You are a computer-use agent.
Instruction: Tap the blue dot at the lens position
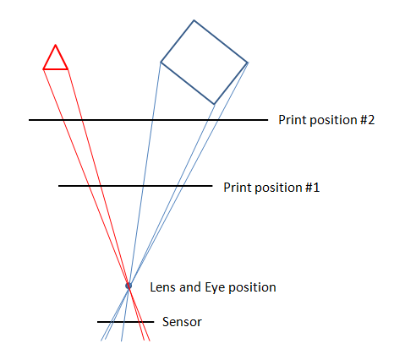coord(129,286)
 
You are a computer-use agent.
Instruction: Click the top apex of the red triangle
coord(56,45)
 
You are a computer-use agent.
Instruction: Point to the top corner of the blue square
coord(194,20)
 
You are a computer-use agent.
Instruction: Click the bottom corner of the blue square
coord(214,104)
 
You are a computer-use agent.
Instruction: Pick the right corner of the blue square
coord(248,63)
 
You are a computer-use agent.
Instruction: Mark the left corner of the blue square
coord(161,62)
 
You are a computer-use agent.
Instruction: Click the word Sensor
coord(182,322)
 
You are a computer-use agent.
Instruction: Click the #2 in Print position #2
coord(367,120)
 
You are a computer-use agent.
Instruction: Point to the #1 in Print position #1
coord(312,188)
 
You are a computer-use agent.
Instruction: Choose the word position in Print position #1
coord(278,188)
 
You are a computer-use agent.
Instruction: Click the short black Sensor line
coord(126,322)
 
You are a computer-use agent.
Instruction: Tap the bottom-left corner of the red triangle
coord(43,69)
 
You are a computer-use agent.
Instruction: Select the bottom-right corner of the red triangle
coord(68,69)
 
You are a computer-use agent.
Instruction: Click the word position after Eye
coord(252,288)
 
